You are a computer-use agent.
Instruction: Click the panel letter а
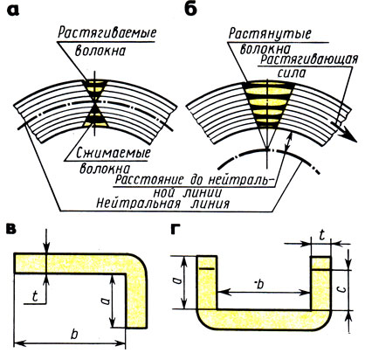[13, 10]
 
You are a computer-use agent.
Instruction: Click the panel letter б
[190, 9]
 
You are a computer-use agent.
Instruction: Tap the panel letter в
[11, 229]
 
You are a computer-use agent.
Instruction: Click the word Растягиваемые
[107, 33]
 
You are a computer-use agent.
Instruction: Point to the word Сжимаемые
[114, 153]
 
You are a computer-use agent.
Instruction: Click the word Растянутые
[270, 33]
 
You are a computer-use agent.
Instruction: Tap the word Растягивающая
[309, 59]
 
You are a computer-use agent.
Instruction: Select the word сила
[292, 73]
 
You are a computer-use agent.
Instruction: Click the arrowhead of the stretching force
[350, 136]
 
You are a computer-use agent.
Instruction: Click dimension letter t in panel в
[35, 296]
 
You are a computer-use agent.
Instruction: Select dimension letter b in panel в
[74, 334]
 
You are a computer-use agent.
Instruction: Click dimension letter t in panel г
[321, 235]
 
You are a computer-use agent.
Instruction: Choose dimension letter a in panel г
[178, 280]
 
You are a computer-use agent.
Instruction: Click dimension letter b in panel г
[260, 284]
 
